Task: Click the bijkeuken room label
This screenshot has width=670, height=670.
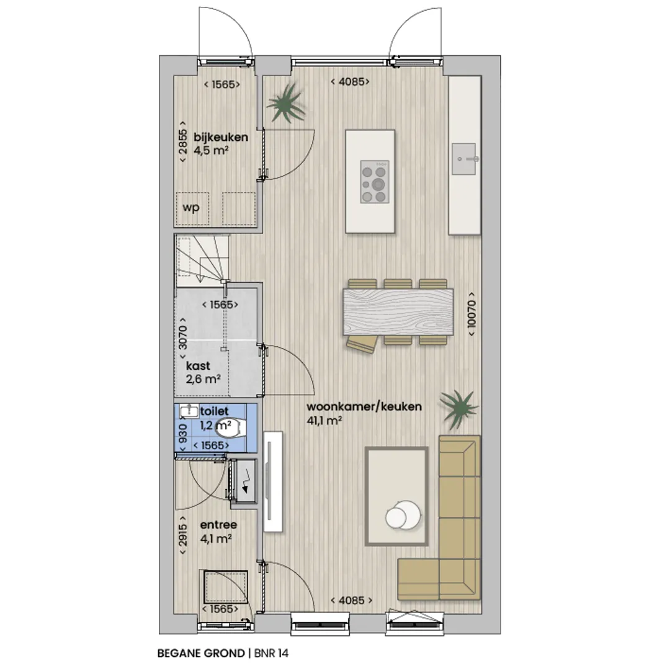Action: click(220, 137)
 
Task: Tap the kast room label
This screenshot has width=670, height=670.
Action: click(198, 366)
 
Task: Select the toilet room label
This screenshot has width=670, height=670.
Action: click(214, 411)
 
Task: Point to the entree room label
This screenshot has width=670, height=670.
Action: click(218, 525)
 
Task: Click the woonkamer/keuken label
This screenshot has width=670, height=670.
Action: click(364, 406)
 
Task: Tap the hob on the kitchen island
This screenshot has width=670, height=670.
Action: click(375, 182)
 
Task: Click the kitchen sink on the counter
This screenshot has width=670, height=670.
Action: click(464, 159)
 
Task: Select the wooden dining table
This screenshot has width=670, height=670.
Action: click(398, 312)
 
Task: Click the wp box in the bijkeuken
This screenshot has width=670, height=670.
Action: click(192, 209)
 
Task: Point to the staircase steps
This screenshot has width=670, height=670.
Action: click(202, 260)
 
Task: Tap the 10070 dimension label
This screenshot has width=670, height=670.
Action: click(471, 314)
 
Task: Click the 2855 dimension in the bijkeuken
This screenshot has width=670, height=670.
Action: click(182, 141)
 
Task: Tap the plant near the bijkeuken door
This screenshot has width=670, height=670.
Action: click(285, 103)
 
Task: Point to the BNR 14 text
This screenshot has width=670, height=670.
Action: click(271, 653)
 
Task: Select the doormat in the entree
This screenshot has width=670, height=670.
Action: click(226, 587)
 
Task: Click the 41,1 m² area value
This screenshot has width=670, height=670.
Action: click(324, 421)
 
